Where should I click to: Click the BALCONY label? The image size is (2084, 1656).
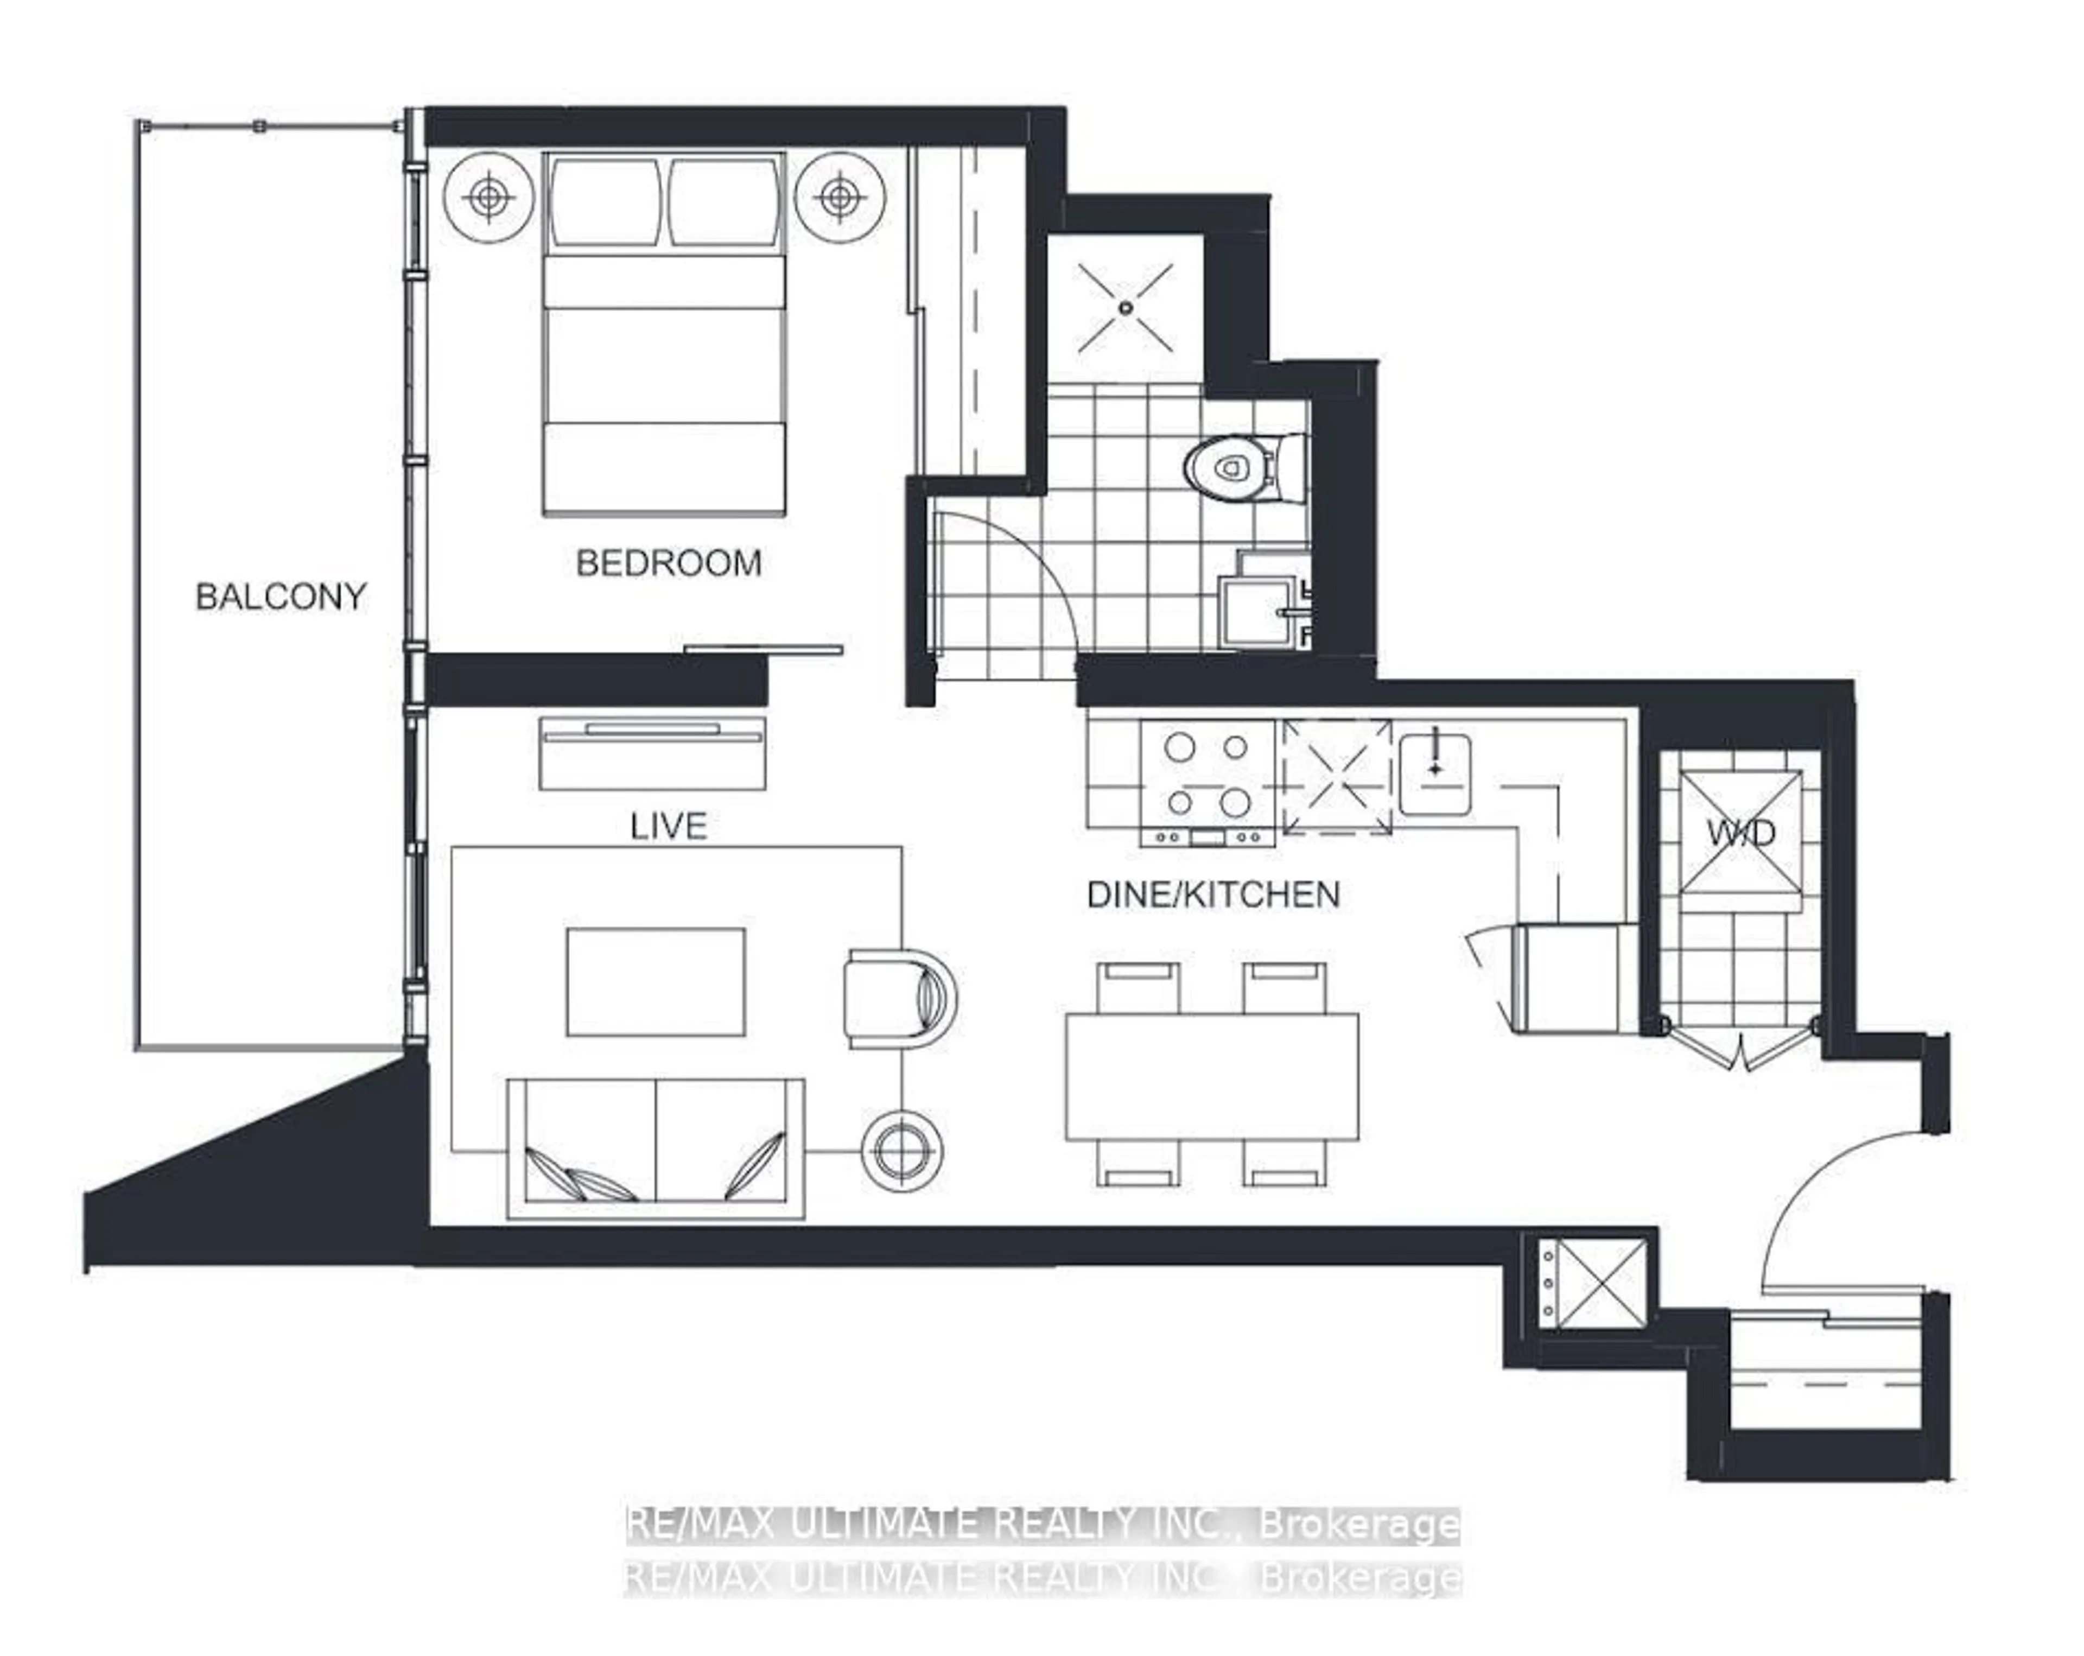281,597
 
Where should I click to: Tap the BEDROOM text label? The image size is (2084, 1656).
669,563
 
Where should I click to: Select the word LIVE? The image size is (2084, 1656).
668,826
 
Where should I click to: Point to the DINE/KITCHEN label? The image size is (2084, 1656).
1213,894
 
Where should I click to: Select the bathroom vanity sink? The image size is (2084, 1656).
1256,611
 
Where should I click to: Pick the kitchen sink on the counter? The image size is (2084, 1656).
1435,773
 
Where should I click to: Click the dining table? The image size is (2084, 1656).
1211,1076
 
